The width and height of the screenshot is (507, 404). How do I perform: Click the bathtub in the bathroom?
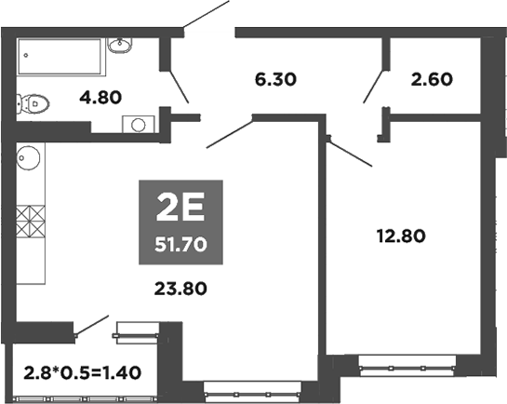tap(61, 57)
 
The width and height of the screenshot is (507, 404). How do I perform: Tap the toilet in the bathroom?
tap(33, 104)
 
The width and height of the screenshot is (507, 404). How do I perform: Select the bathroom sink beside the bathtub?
tap(120, 46)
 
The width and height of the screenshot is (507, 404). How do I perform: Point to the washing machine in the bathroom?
tap(139, 124)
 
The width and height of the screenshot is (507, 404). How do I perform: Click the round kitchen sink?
tap(28, 158)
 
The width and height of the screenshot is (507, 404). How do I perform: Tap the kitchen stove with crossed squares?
tap(31, 222)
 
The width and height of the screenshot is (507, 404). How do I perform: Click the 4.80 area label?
tap(100, 98)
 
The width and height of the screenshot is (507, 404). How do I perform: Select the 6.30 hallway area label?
tap(275, 79)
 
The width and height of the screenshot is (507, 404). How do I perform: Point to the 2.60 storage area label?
tap(432, 79)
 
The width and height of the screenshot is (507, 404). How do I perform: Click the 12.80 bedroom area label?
tap(401, 236)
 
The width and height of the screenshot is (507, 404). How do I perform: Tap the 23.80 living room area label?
tap(180, 289)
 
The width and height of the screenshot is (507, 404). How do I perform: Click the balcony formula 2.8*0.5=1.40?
tap(83, 372)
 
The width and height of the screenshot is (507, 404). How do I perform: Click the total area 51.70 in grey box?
tap(180, 245)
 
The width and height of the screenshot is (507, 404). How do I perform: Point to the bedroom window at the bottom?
tap(407, 367)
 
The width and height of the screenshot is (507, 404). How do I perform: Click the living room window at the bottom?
tap(252, 393)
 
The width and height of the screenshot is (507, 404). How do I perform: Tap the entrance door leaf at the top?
tap(207, 14)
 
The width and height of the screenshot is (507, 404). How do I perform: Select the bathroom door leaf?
tap(179, 87)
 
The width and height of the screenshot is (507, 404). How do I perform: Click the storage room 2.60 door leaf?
tap(373, 87)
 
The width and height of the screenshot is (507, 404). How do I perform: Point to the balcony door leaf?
tap(92, 325)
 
